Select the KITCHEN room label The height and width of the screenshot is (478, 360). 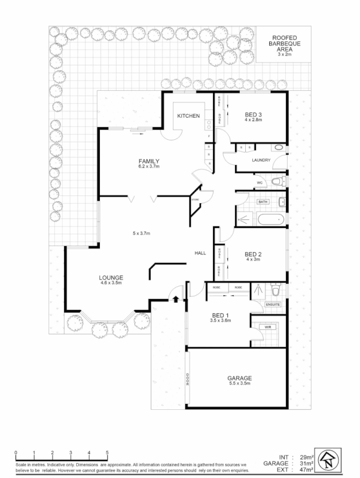click(187, 116)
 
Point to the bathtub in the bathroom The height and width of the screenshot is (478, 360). click(263, 220)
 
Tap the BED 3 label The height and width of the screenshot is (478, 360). click(254, 114)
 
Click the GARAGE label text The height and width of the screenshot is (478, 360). click(239, 378)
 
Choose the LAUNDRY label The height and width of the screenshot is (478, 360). click(261, 160)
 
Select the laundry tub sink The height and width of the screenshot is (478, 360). click(279, 148)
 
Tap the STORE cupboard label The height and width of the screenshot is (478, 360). click(195, 199)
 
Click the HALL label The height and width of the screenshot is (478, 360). click(200, 253)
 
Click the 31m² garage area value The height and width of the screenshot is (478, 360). click(304, 462)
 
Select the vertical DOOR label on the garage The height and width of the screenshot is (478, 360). click(188, 379)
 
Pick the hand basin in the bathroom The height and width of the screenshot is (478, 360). click(281, 202)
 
